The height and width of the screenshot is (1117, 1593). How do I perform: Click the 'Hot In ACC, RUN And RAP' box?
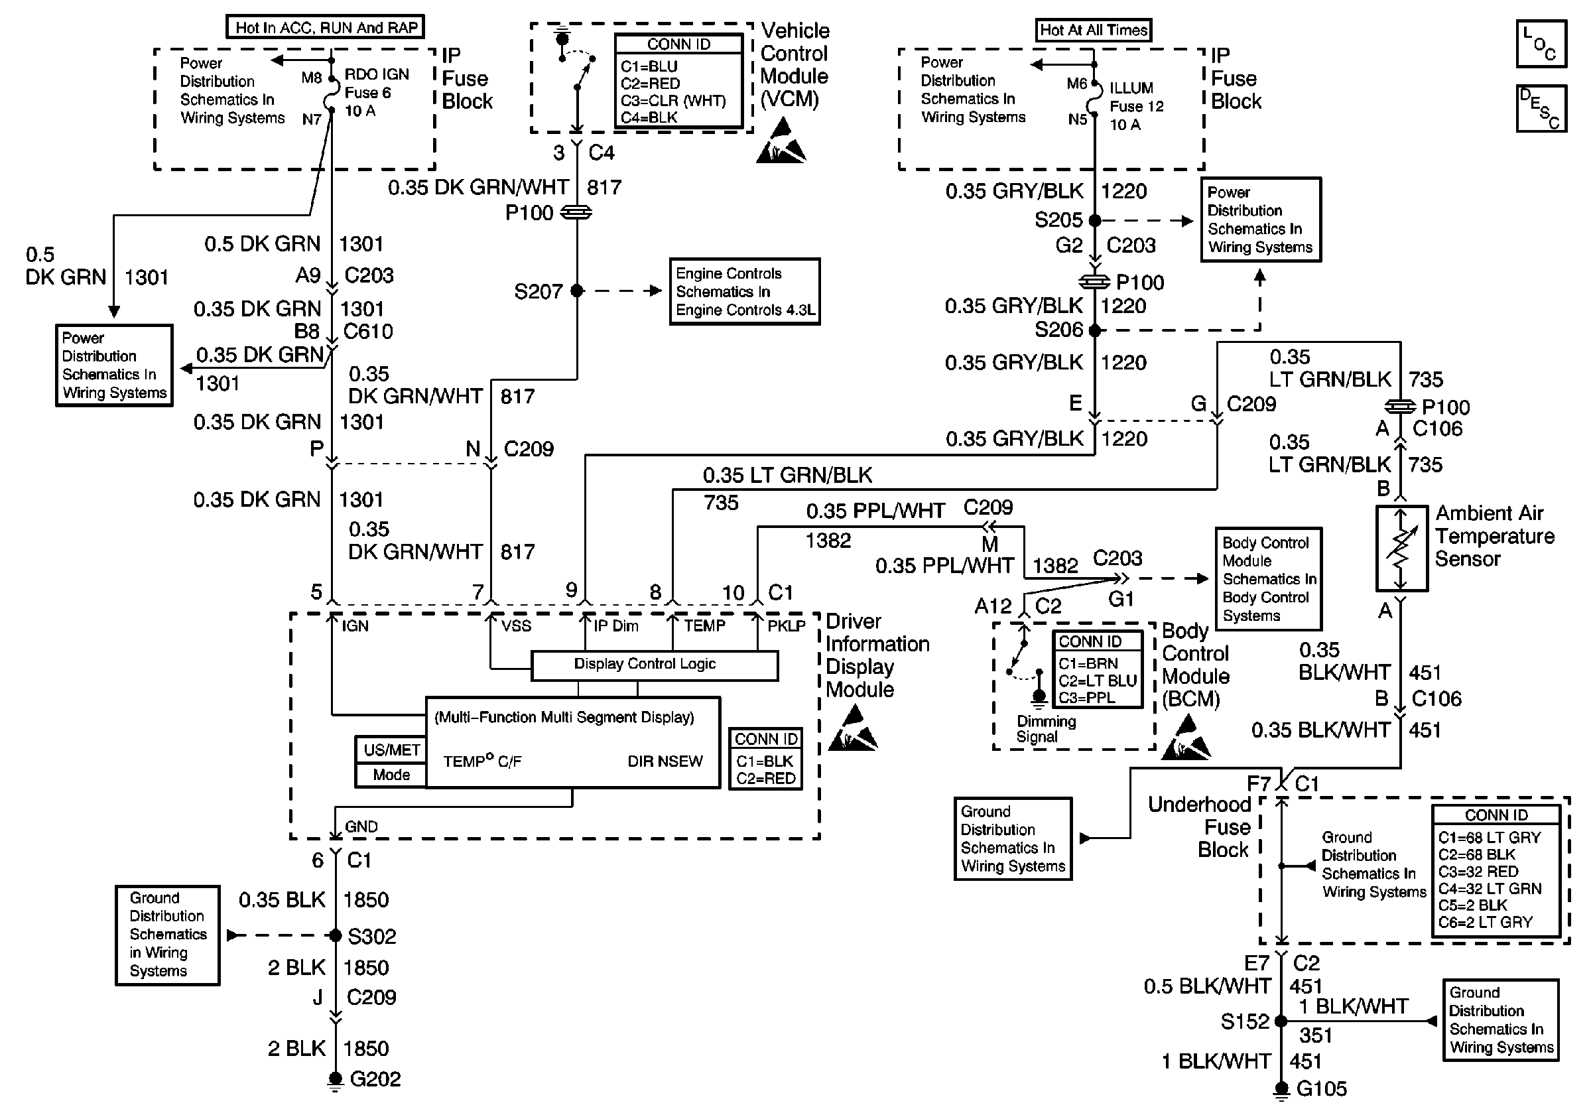tap(326, 27)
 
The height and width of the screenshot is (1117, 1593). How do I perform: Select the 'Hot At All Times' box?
tap(1094, 30)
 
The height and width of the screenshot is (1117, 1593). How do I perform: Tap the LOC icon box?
tap(1541, 44)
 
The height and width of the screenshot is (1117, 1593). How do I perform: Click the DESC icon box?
tap(1541, 108)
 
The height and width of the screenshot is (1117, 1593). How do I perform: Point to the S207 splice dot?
tap(576, 291)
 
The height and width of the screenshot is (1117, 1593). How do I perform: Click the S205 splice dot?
tap(1095, 221)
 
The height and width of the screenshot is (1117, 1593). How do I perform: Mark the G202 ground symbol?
tap(335, 1080)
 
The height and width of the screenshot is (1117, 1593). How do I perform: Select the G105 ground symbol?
tap(1281, 1089)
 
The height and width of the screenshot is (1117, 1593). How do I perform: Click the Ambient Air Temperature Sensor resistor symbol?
tap(1401, 548)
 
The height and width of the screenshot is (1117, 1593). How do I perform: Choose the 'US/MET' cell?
tap(391, 750)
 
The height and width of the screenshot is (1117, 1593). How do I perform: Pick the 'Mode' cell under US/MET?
tap(391, 775)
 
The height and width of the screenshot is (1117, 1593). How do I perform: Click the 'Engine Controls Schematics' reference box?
tap(745, 291)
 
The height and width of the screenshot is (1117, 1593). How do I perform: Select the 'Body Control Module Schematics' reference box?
tap(1267, 578)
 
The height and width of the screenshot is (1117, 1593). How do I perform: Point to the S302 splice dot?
tap(335, 935)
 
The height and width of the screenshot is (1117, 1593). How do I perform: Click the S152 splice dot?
tap(1281, 1021)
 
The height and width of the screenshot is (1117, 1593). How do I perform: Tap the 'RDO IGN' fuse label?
tap(377, 74)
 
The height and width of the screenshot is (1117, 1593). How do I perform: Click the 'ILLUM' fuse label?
tap(1131, 88)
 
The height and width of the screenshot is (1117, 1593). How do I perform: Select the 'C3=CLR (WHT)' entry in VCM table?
tap(673, 101)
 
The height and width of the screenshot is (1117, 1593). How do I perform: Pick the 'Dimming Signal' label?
tap(1046, 729)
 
